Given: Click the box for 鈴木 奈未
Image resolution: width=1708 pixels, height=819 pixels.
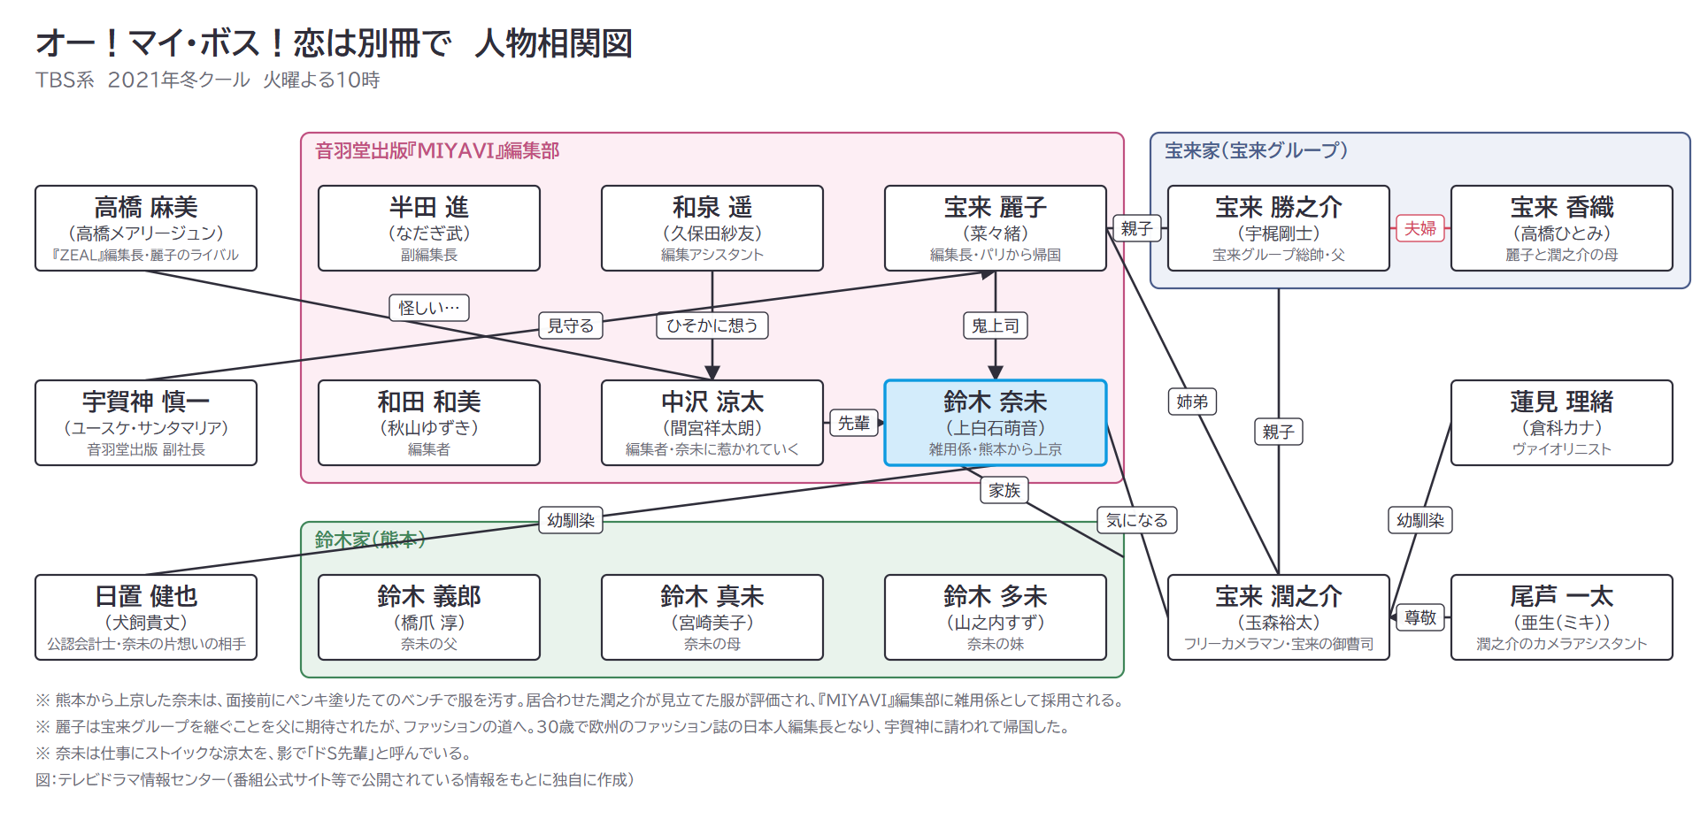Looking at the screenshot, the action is pos(996,423).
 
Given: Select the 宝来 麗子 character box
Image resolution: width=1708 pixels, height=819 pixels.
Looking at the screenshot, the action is pos(996,228).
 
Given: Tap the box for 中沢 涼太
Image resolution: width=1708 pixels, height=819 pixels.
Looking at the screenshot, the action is pos(712,423).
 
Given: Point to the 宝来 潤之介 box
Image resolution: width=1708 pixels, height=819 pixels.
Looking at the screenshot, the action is pos(1279,617).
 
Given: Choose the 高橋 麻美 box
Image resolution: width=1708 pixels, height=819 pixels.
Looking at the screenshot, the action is pos(146,228).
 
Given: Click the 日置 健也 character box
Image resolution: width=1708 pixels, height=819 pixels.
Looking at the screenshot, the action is pos(146,617).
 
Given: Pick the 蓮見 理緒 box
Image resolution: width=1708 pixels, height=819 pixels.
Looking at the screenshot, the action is pos(1562,423).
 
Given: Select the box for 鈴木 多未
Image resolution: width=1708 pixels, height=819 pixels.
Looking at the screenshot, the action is pos(996,617).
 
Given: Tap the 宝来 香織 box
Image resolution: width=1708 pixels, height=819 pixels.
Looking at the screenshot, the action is pos(1562,228).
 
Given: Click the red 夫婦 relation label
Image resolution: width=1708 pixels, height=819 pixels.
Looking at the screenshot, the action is pos(1420,228).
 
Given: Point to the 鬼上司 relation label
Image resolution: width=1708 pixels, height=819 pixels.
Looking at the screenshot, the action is pos(996,325).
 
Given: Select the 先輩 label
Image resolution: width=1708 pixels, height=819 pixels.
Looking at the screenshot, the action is pos(854,423).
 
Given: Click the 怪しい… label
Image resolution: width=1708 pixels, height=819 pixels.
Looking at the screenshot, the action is pos(429,308).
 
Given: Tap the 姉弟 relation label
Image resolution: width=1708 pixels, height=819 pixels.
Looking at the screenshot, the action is pos(1192,402).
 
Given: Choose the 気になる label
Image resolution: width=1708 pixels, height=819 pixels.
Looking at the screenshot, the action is pos(1137,520).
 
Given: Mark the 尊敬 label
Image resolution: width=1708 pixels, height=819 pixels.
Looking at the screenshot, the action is pos(1420,617).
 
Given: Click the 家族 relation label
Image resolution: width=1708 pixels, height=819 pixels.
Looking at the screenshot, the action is pos(1004,490).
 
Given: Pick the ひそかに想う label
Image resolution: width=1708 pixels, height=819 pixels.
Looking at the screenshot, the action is pos(712,325).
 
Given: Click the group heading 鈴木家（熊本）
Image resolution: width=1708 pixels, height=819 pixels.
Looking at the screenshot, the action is pos(370,540).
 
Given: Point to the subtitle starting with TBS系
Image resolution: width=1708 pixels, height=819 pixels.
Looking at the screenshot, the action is pos(208,80).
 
